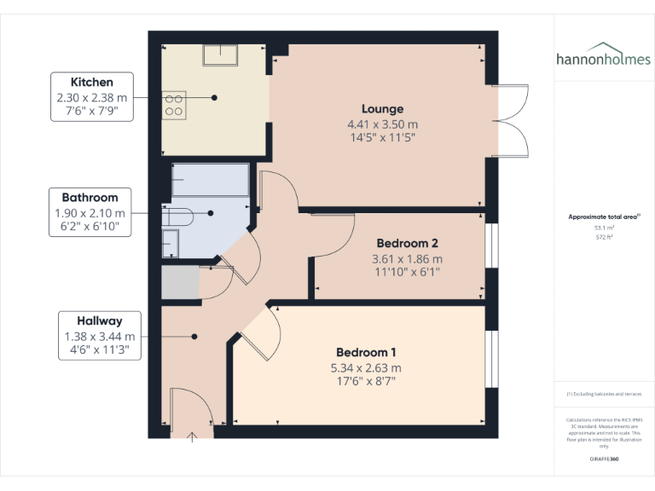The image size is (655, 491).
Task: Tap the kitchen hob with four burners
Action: coord(173,104)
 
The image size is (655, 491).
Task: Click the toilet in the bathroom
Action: coord(179,215)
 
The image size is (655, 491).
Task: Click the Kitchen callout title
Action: coord(91,83)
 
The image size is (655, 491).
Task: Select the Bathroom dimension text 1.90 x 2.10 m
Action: coord(90,213)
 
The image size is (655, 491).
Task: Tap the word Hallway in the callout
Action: coord(100,321)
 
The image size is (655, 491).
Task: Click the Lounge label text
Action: coord(382,109)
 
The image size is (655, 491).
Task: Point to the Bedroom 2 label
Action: coord(407,244)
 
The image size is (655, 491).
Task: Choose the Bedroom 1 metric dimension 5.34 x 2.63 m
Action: coord(365,367)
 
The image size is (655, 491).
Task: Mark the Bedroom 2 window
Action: coord(490,246)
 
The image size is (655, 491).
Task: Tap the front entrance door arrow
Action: coord(194,436)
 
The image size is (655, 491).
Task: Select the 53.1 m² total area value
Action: coord(603,228)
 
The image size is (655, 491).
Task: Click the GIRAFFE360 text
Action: coord(603,459)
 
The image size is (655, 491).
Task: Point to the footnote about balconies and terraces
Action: coord(603,394)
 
